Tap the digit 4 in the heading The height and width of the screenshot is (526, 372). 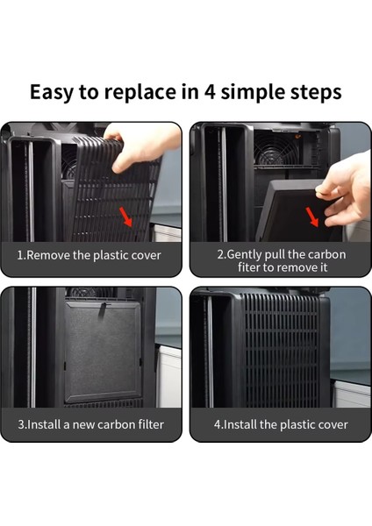click(210, 92)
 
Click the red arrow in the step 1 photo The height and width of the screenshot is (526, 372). click(126, 217)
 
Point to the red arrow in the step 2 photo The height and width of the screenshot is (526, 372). click(312, 217)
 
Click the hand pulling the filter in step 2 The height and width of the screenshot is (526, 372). click(346, 191)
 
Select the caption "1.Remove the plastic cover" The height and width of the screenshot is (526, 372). click(89, 255)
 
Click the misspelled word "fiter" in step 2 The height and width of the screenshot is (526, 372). click(249, 267)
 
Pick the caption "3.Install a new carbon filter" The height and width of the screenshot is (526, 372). click(91, 424)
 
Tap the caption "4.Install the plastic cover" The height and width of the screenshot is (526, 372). click(281, 424)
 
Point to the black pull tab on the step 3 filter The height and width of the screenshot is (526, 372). click(103, 310)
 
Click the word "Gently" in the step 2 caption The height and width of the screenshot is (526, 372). click(245, 254)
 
